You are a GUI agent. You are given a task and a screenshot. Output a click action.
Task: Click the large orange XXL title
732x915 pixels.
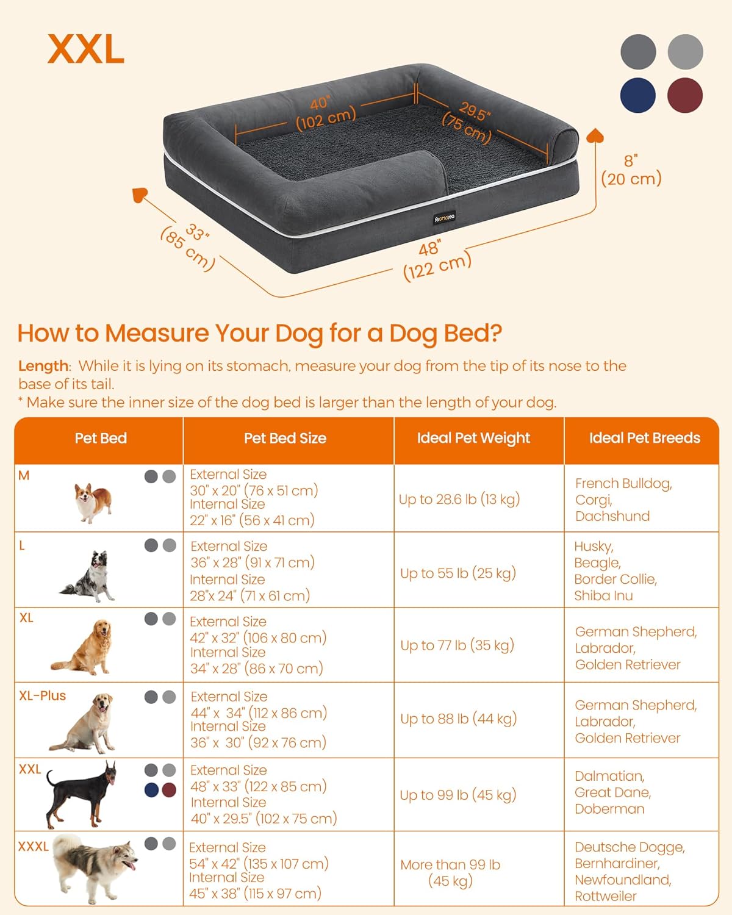pyautogui.click(x=86, y=49)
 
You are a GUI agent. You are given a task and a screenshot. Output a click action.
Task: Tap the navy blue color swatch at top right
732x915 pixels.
pyautogui.click(x=638, y=95)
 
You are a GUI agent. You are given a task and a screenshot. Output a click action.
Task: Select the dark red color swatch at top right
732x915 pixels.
pyautogui.click(x=685, y=95)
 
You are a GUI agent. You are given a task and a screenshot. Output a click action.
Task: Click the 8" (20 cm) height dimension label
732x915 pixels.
pyautogui.click(x=631, y=170)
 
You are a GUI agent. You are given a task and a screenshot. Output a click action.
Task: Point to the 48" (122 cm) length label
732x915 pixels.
pyautogui.click(x=436, y=260)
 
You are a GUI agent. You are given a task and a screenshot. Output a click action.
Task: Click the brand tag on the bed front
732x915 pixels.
pyautogui.click(x=444, y=218)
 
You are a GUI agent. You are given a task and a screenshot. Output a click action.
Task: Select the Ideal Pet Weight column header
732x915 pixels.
pyautogui.click(x=473, y=438)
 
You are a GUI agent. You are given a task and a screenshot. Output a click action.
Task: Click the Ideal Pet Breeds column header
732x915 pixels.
pyautogui.click(x=644, y=438)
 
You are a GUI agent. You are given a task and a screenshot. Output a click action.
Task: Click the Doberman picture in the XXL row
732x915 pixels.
pyautogui.click(x=82, y=794)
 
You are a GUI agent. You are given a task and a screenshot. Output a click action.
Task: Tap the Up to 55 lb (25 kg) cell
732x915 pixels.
pyautogui.click(x=458, y=573)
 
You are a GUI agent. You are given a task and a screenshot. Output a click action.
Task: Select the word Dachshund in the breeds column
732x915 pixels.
pyautogui.click(x=612, y=516)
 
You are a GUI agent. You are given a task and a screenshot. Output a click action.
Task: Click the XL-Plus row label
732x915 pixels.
pyautogui.click(x=42, y=695)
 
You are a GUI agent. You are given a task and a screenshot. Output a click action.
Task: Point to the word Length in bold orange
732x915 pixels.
pyautogui.click(x=43, y=366)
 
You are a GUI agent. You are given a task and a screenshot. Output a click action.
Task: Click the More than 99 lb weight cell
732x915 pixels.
pyautogui.click(x=450, y=872)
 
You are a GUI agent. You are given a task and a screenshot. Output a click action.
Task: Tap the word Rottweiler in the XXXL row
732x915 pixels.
pyautogui.click(x=605, y=896)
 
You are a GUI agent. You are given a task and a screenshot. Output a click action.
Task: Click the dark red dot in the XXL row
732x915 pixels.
pyautogui.click(x=169, y=790)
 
